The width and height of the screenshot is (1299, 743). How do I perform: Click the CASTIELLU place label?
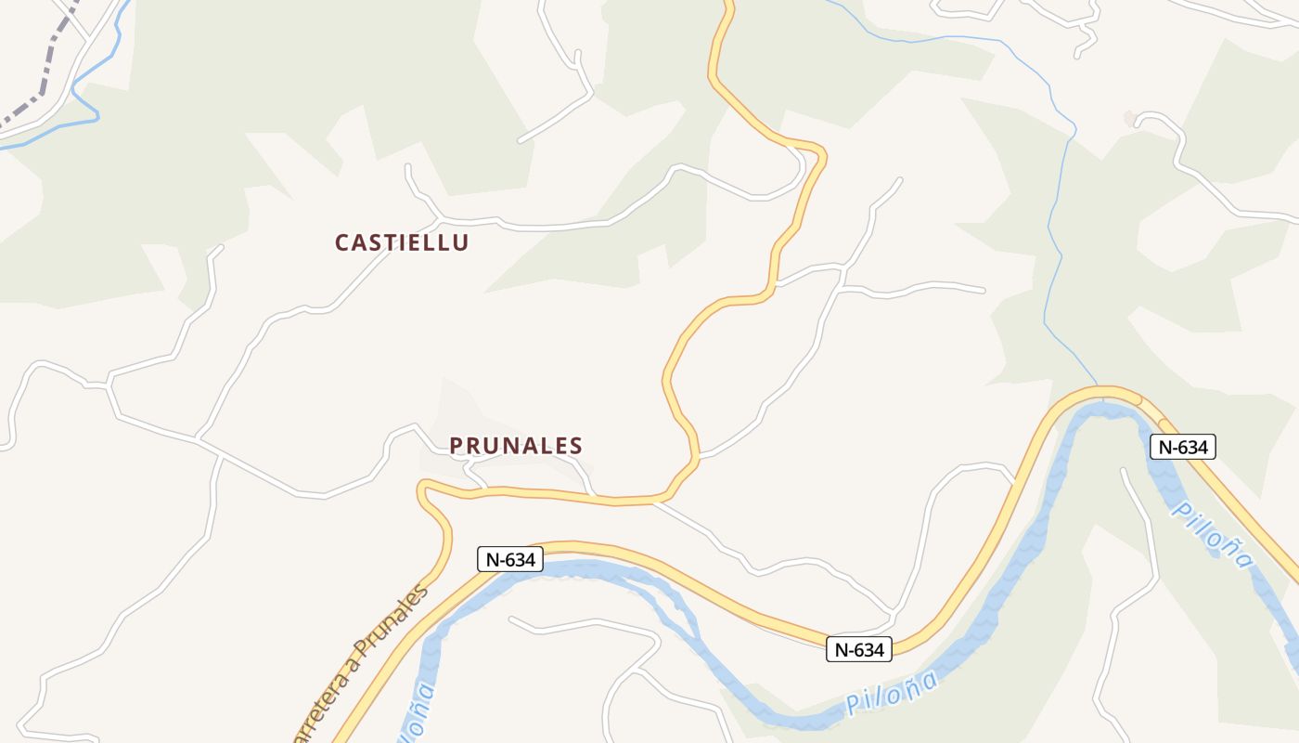click(402, 242)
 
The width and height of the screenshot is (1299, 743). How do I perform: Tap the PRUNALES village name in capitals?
click(516, 446)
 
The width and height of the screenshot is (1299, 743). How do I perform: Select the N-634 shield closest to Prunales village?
click(510, 559)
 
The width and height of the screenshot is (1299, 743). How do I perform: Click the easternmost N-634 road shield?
click(1183, 447)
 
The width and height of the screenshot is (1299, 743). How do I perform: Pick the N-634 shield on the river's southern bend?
click(859, 649)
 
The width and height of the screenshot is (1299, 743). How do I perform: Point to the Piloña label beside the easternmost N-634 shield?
click(1212, 528)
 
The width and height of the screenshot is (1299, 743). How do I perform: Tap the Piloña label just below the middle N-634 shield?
click(892, 693)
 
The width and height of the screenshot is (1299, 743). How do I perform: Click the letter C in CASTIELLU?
click(341, 242)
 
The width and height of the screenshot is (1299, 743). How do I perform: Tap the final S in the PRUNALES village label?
click(576, 446)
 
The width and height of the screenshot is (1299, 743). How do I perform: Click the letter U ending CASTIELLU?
click(461, 242)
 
